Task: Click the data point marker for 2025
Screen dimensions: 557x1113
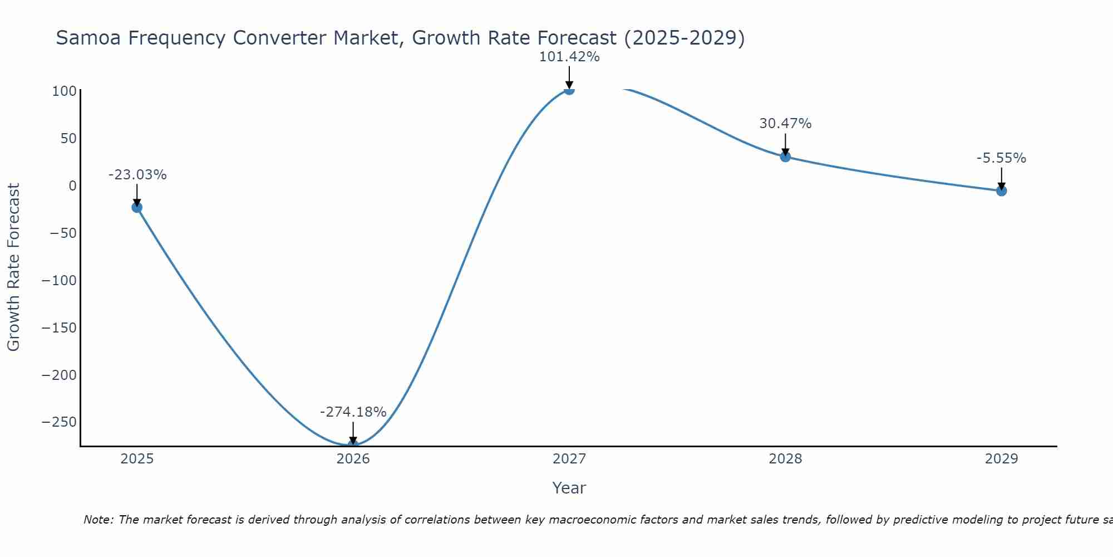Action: (x=137, y=207)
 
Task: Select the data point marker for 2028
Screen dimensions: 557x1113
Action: (x=785, y=157)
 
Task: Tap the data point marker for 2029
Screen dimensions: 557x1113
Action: (x=1001, y=191)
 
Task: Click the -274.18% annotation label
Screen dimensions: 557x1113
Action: (x=353, y=412)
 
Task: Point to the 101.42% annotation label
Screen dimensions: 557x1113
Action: (x=569, y=57)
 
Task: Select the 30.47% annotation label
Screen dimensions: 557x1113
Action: (x=785, y=124)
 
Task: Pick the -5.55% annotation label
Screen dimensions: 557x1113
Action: (x=1001, y=158)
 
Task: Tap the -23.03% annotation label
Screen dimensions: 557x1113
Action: (x=137, y=175)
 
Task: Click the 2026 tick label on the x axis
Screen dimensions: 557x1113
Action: (x=353, y=459)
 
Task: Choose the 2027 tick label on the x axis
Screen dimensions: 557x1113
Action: (x=569, y=459)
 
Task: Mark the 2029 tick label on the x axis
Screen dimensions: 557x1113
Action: (x=1001, y=459)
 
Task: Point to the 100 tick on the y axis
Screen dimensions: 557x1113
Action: (x=64, y=91)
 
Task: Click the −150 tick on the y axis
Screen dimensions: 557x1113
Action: (x=59, y=328)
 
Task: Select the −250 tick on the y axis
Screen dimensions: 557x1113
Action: (x=59, y=422)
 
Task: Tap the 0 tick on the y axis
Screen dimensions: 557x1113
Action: (x=72, y=185)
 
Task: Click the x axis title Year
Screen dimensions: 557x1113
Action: (x=569, y=488)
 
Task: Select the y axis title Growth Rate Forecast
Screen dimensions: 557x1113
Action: (x=13, y=267)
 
